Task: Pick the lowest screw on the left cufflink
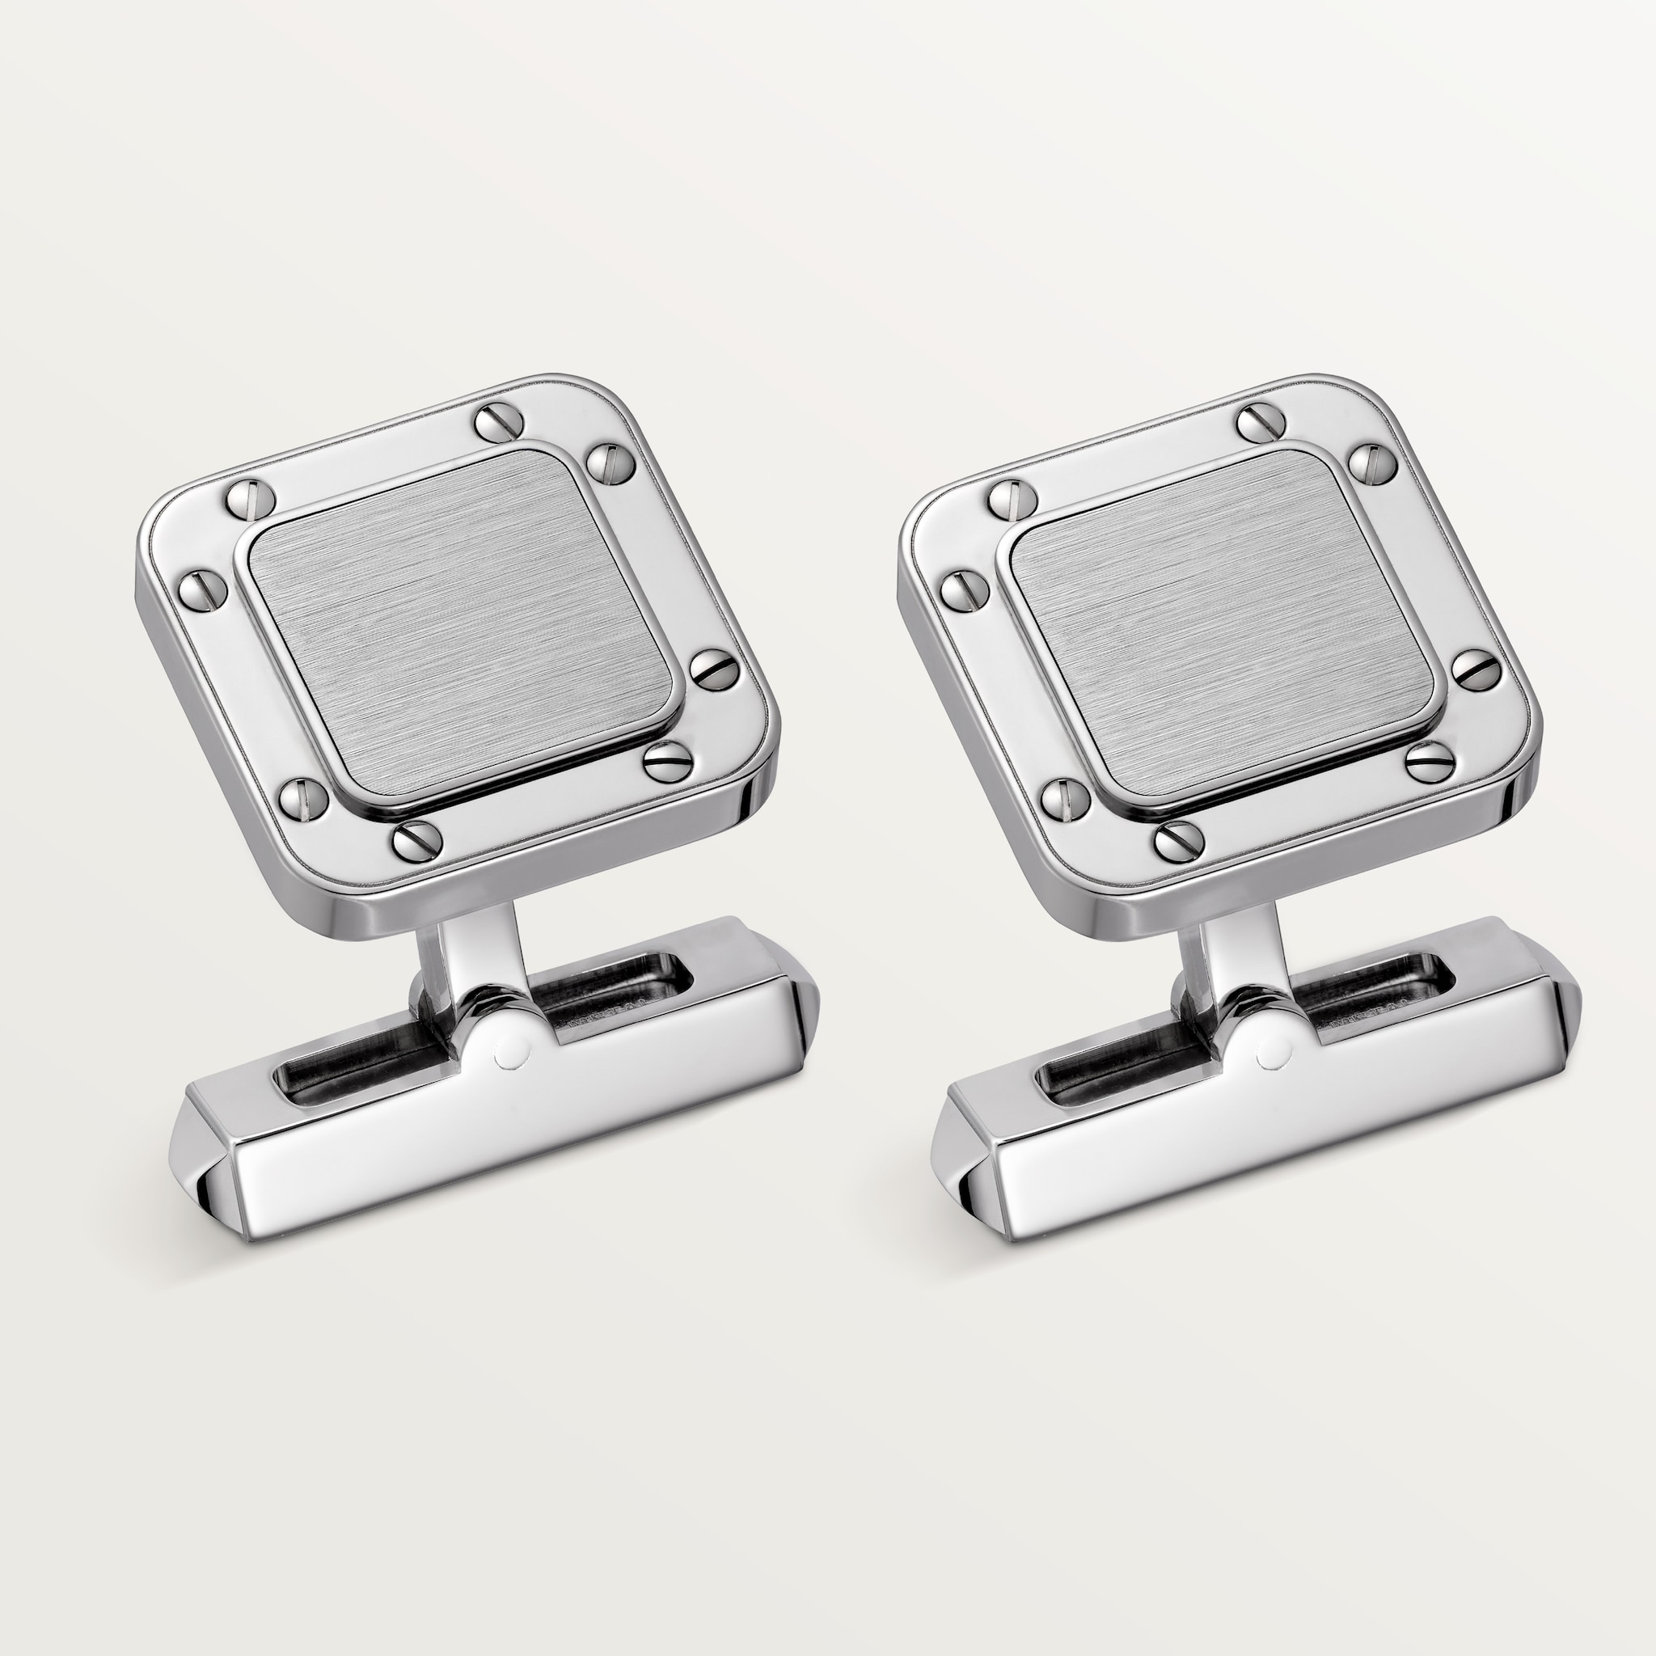click(413, 839)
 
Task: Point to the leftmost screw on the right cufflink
click(963, 589)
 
